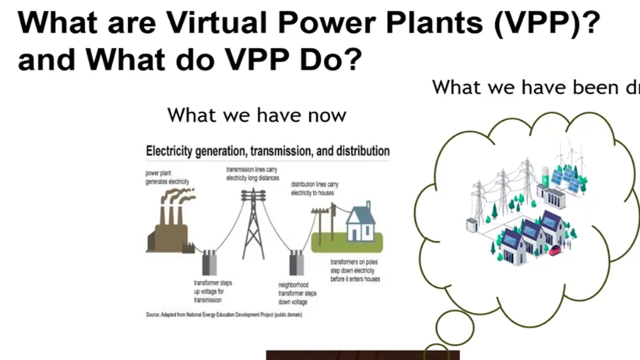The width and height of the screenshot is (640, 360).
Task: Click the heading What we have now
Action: [x=256, y=115]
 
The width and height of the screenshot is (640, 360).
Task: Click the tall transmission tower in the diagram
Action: [x=253, y=222]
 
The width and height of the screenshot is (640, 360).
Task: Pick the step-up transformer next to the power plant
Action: [x=209, y=263]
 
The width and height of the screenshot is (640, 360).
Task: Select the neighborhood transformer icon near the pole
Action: [x=296, y=263]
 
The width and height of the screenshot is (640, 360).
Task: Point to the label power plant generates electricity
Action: [x=167, y=177]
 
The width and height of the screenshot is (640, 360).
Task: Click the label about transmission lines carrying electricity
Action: [x=252, y=173]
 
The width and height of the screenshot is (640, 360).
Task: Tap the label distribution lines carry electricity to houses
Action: [x=314, y=188]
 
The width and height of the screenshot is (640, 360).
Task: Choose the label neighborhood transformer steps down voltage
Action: [x=297, y=293]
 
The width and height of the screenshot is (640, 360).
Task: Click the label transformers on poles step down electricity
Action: [x=355, y=270]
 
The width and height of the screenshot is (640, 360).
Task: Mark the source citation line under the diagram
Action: [x=223, y=315]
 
